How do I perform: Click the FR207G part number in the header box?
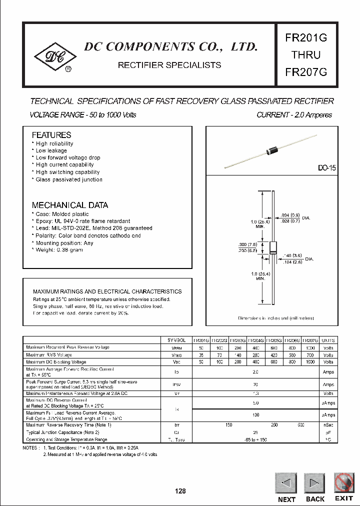point(306,71)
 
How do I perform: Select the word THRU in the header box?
point(306,54)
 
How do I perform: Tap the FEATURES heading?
point(51,135)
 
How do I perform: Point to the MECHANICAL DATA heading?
point(69,205)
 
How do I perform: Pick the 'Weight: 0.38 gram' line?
point(59,250)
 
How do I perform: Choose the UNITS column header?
point(328,339)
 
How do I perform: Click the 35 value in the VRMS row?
point(201,354)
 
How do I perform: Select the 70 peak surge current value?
point(255,384)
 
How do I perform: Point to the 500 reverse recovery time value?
point(300,424)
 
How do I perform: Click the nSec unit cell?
point(328,424)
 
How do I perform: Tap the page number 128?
point(180,491)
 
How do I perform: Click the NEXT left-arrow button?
point(286,483)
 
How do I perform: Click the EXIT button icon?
point(343,483)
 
